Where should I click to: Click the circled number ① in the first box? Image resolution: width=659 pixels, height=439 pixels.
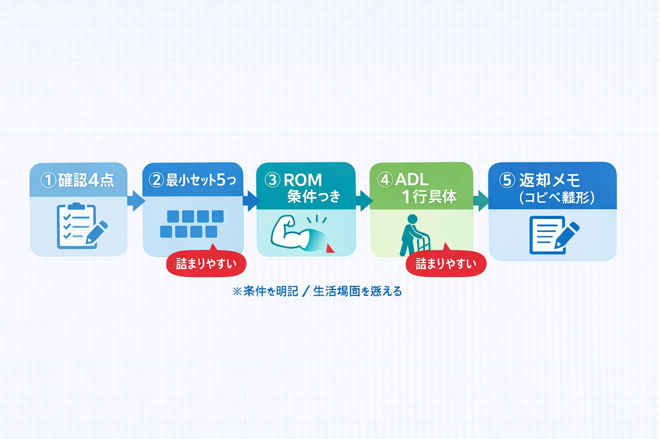click(x=48, y=180)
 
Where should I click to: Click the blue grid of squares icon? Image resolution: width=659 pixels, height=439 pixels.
click(x=192, y=224)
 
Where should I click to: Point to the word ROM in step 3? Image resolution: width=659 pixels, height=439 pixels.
click(x=302, y=180)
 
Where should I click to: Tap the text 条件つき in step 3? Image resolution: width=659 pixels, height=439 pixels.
click(x=314, y=196)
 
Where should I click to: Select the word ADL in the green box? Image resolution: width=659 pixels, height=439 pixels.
click(x=412, y=180)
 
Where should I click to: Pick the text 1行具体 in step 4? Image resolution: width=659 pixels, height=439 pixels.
click(x=429, y=197)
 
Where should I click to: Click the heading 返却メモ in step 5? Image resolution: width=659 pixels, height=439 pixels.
click(x=550, y=180)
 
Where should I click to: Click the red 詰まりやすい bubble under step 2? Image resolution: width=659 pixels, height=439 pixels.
click(x=206, y=264)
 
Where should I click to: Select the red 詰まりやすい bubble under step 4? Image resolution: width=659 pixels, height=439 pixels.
click(x=446, y=264)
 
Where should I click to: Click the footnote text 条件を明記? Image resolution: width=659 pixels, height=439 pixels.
click(x=270, y=292)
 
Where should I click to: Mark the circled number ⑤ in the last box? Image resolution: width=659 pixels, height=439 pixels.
click(x=507, y=180)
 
